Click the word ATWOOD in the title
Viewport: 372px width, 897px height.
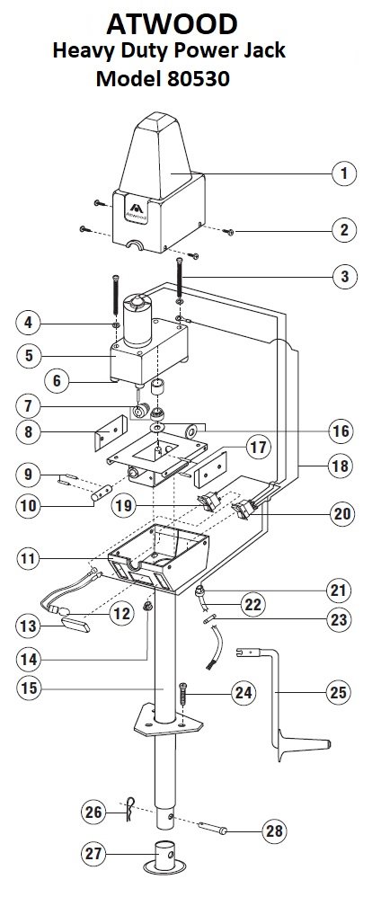172,23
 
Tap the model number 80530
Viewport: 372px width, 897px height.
199,78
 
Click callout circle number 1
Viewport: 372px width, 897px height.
344,173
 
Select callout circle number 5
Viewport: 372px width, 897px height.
29,355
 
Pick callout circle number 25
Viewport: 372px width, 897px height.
338,692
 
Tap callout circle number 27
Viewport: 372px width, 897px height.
93,855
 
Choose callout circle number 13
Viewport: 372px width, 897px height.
29,626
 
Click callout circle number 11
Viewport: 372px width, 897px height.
29,558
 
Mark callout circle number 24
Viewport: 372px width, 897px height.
244,693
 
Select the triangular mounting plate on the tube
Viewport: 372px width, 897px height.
168,721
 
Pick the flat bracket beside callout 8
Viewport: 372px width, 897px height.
110,433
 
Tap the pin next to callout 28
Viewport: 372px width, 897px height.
212,827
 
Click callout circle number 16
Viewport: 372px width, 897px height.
341,431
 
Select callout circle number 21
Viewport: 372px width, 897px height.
339,590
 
